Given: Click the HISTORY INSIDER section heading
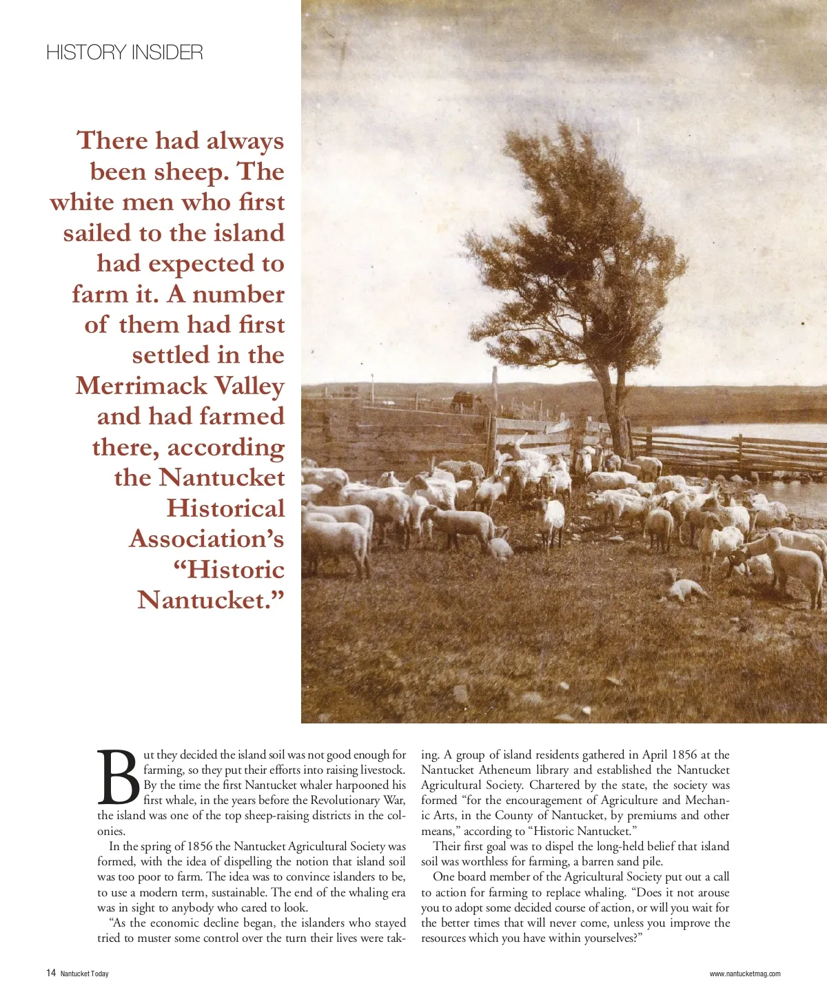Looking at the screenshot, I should tap(125, 52).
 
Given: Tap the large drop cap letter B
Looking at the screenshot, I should tap(119, 778).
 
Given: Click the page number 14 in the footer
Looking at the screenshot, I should tap(51, 973).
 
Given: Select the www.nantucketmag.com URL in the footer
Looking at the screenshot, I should tap(745, 974).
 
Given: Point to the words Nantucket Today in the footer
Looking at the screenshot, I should tap(85, 974).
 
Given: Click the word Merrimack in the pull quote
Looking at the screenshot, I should tap(141, 386).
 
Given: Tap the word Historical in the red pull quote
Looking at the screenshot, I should tap(225, 508).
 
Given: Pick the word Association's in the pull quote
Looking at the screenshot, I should tap(206, 539).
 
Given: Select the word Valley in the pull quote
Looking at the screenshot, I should tap(249, 386).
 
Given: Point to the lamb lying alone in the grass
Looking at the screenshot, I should tap(684, 589).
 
